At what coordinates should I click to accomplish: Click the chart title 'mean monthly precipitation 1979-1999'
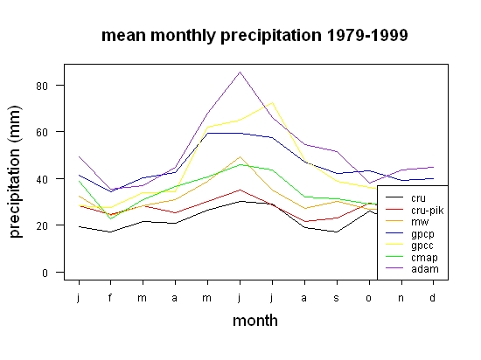254,36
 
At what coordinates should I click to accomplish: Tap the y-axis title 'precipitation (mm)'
15,171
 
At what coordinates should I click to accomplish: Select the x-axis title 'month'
255,321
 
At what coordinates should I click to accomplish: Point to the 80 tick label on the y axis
42,86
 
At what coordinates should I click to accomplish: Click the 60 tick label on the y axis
42,132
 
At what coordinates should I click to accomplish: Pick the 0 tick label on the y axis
45,273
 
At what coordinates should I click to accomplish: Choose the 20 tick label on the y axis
42,226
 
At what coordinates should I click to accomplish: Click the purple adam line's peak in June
240,72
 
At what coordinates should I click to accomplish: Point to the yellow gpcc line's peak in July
272,102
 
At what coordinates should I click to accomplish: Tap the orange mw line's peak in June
240,157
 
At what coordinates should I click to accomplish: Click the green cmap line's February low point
110,218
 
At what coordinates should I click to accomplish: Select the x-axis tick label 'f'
110,297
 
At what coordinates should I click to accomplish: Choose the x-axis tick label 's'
337,298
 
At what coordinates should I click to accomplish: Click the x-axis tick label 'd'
432,297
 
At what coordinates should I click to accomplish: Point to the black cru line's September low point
337,232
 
